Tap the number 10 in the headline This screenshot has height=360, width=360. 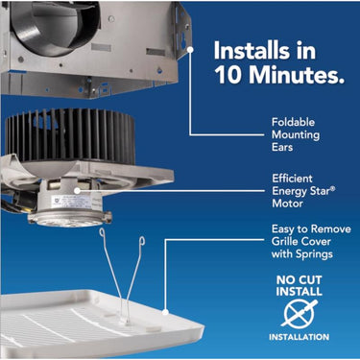(x=228, y=75)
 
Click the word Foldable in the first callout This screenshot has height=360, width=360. (x=293, y=122)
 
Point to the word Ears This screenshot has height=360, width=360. (x=282, y=147)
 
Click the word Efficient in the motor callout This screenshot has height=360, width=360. (x=292, y=179)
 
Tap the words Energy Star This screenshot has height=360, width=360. (x=302, y=191)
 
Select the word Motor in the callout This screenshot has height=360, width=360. (x=287, y=204)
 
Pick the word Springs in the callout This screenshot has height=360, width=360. (x=314, y=254)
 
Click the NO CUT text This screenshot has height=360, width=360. (x=299, y=280)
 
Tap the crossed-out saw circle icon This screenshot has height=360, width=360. (x=300, y=313)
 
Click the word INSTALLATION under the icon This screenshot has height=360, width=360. (x=299, y=337)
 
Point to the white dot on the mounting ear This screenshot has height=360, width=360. (x=190, y=50)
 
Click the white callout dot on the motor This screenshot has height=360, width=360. (x=77, y=191)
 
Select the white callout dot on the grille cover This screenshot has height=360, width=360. (x=165, y=312)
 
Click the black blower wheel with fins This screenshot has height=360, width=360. (x=70, y=136)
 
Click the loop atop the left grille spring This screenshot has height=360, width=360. (x=102, y=232)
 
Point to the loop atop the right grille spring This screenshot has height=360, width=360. (x=142, y=240)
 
